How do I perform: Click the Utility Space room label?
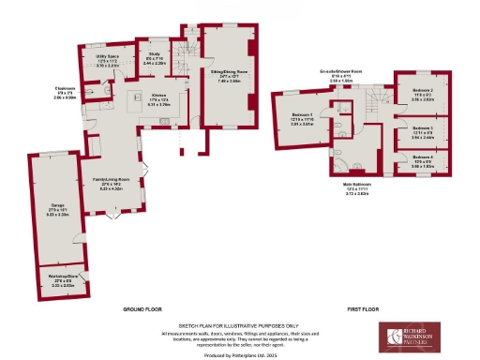pos(107,61)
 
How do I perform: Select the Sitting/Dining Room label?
pos(228,74)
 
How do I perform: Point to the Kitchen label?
pos(158,97)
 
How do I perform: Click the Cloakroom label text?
pos(65,92)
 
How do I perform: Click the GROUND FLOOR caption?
pos(143,308)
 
